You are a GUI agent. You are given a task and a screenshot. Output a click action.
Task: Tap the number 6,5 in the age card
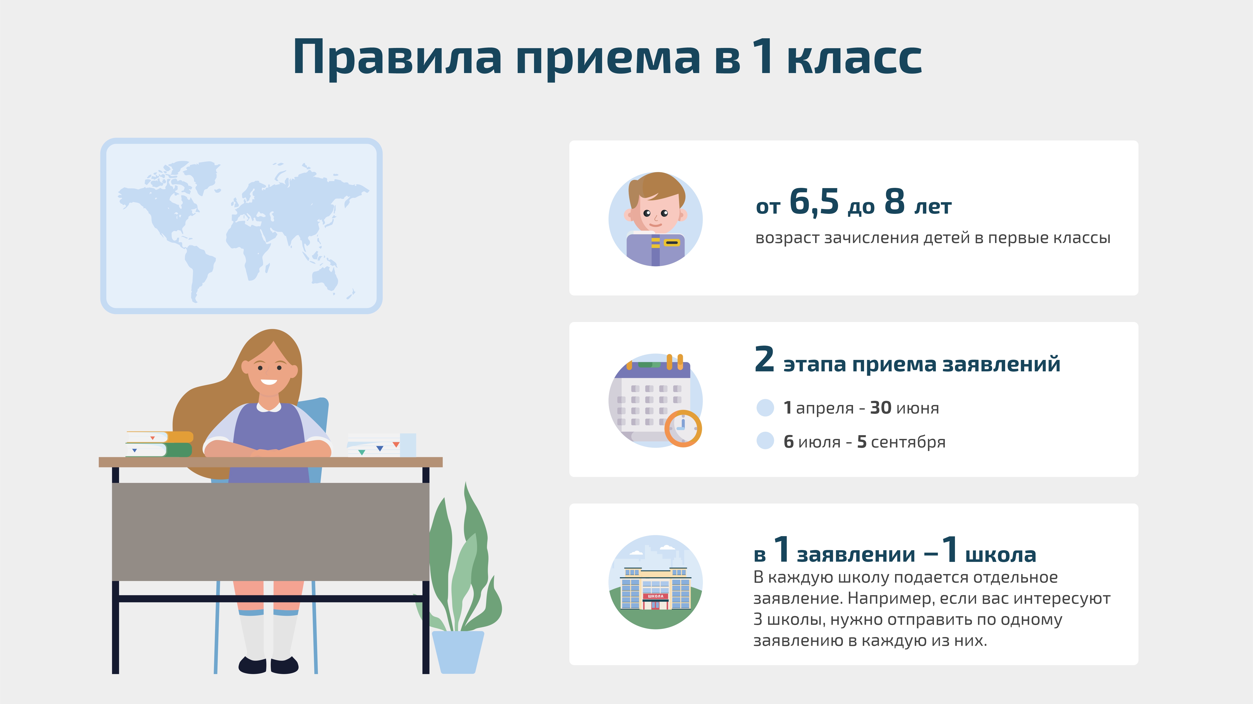[814, 202]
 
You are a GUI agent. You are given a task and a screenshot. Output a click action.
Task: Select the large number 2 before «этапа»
[764, 360]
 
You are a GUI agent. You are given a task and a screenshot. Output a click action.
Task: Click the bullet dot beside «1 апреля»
[765, 407]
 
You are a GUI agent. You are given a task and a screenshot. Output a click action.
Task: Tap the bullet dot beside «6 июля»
[765, 441]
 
